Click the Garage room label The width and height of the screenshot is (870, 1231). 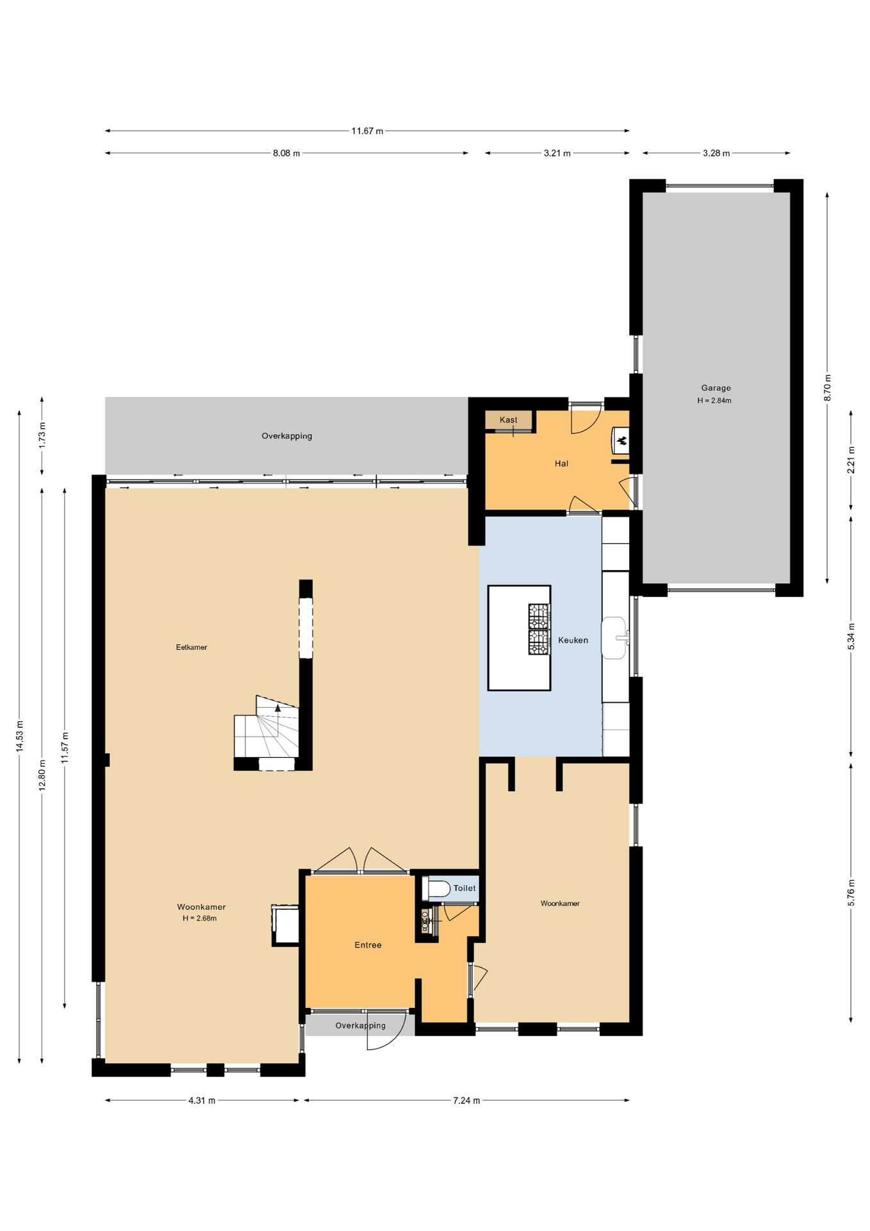coord(716,388)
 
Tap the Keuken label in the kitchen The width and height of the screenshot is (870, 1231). coord(573,640)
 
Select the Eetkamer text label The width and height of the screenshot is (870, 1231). coord(192,648)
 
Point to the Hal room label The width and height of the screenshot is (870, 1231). coord(561,464)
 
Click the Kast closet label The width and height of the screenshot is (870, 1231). coord(508,420)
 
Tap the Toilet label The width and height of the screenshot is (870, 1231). coord(464,888)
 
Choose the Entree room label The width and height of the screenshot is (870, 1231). coord(368,945)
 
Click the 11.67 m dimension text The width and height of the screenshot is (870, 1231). coord(367,131)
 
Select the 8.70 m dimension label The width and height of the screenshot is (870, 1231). coord(827,388)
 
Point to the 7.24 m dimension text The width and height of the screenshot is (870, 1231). coord(466,1100)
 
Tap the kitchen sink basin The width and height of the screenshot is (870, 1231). coord(613,638)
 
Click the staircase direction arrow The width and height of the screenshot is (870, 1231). coord(277,708)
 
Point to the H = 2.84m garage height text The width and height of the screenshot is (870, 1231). coord(714,401)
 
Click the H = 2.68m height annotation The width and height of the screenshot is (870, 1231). coord(199,918)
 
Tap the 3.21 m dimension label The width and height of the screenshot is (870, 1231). coord(557,153)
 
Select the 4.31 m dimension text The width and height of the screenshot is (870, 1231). coord(202,1100)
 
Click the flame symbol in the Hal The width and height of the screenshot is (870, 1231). coord(621,440)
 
